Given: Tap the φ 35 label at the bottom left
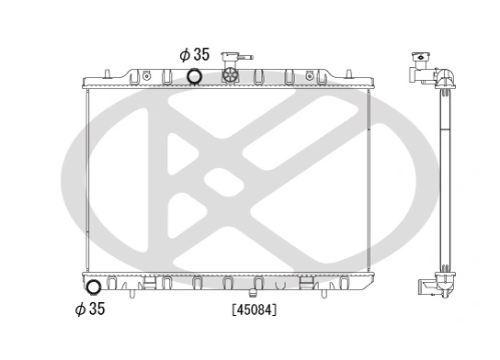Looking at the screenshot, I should [x=89, y=309].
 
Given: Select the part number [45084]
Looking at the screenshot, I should [x=254, y=309].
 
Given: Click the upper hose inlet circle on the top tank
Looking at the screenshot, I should [x=195, y=76].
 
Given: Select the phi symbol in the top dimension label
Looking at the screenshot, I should [x=180, y=54].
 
